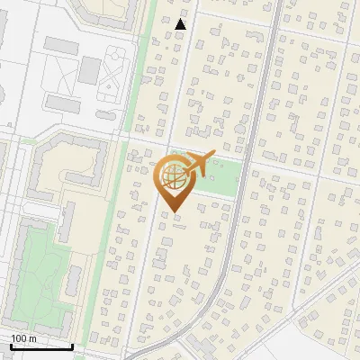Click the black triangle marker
tap(181, 24)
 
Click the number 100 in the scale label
tap(19, 338)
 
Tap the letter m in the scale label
tap(32, 338)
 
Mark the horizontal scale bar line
tap(41, 346)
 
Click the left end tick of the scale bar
tap(10, 345)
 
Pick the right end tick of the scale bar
tap(73, 345)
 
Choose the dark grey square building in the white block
tap(90, 68)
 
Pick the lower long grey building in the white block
tap(63, 103)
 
